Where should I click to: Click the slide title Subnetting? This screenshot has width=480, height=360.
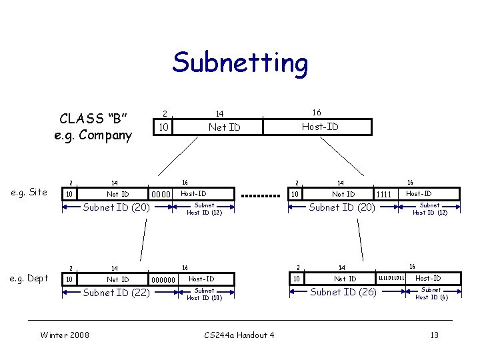[x=240, y=63]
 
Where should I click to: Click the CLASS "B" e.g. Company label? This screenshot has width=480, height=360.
[x=93, y=127]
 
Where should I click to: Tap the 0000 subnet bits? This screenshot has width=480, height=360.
[x=162, y=195]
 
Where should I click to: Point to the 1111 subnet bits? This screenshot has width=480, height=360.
[x=384, y=195]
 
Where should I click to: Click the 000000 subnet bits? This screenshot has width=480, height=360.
[x=164, y=280]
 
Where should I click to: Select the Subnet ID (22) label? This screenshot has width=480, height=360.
[x=115, y=292]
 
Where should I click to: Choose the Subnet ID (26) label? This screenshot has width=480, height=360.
[x=344, y=292]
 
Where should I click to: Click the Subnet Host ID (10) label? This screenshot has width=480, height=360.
[x=204, y=294]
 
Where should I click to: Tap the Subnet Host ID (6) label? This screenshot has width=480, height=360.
[x=431, y=294]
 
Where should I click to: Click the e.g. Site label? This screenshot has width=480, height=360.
[x=30, y=192]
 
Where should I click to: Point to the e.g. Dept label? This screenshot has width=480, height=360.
[x=30, y=278]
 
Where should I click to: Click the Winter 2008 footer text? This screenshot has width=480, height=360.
[x=65, y=335]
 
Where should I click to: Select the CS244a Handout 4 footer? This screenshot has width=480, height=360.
[x=239, y=335]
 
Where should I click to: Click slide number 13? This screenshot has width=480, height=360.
[x=434, y=335]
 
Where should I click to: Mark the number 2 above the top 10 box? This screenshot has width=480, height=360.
[x=165, y=113]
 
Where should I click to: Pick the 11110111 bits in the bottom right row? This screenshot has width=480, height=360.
[x=391, y=278]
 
